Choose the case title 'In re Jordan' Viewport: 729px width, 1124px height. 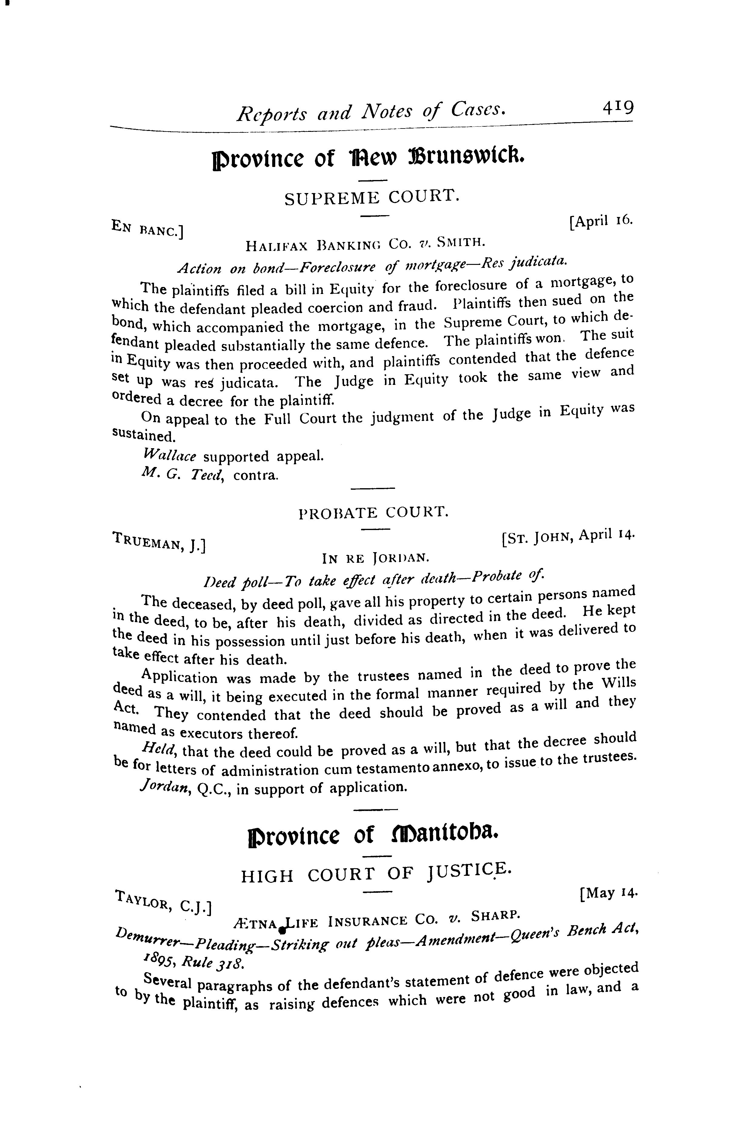tap(375, 558)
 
